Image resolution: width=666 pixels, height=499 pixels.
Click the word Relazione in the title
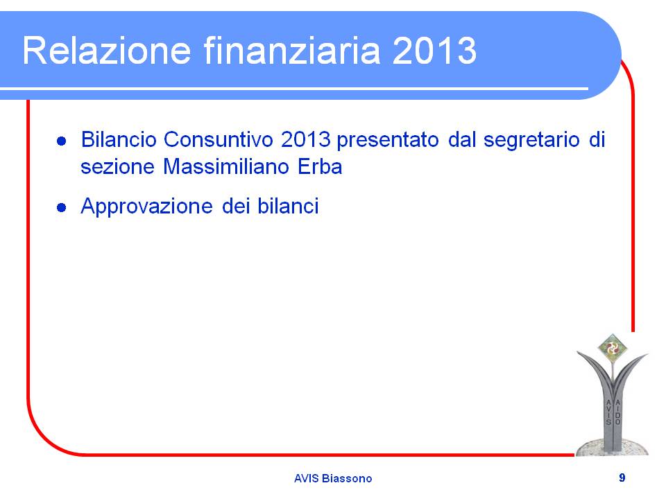click(107, 51)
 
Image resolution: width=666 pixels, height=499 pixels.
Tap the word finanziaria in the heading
click(292, 50)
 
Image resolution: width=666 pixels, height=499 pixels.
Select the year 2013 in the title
click(434, 51)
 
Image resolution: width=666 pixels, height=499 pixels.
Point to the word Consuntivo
click(218, 139)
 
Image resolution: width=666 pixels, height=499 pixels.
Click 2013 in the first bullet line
click(306, 139)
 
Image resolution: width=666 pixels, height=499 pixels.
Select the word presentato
click(387, 140)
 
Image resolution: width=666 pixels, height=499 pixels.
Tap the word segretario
click(531, 140)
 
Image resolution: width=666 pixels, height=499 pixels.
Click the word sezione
click(117, 166)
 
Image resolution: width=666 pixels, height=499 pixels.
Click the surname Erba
click(320, 166)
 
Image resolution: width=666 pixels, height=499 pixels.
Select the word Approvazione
click(146, 207)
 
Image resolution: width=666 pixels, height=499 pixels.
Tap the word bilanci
click(288, 207)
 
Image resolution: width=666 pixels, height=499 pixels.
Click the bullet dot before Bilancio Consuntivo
click(62, 141)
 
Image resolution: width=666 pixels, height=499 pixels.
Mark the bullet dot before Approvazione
click(62, 207)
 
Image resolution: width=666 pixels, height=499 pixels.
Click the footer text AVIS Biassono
click(333, 478)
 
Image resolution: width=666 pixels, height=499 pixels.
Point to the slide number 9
click(622, 478)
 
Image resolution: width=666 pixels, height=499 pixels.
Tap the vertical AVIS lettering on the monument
click(608, 412)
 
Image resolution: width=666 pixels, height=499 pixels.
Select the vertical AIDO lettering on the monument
click(617, 412)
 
